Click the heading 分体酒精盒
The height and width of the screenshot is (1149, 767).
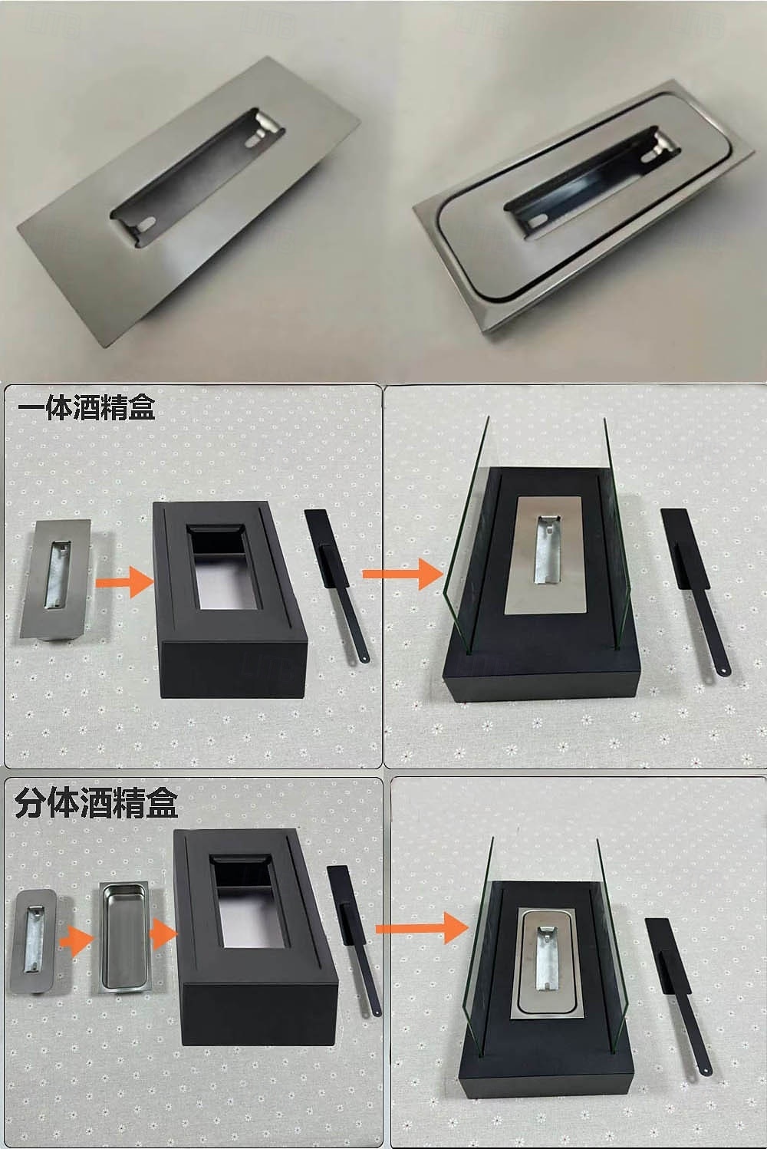(x=97, y=804)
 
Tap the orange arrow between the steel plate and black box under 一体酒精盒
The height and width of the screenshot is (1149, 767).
(x=125, y=581)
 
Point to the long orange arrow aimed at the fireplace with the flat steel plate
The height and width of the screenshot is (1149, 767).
(x=402, y=574)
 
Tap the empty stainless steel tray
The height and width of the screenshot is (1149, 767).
(x=123, y=938)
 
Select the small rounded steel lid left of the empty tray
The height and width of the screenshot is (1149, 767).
(x=33, y=942)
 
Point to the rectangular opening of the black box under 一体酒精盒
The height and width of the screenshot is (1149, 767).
(x=223, y=566)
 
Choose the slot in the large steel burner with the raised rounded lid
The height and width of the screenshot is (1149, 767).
(x=593, y=182)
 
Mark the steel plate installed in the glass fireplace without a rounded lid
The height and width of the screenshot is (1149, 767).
(x=545, y=555)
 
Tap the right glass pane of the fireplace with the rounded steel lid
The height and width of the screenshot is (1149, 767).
(x=613, y=947)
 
